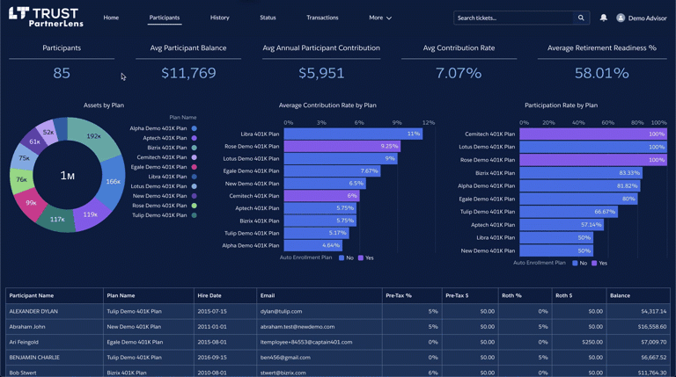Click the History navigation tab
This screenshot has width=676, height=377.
click(x=219, y=18)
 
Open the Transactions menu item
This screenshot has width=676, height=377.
click(x=322, y=18)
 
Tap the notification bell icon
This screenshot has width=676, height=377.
click(x=603, y=18)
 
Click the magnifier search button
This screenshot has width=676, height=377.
click(x=581, y=18)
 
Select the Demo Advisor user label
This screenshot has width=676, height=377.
click(x=647, y=18)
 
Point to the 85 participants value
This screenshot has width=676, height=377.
click(x=62, y=73)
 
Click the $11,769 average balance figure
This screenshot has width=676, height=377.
click(x=188, y=73)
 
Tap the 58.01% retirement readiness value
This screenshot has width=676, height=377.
click(x=602, y=73)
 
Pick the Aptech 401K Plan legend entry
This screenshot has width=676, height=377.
click(x=165, y=138)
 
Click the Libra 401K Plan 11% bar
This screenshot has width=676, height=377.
click(x=352, y=134)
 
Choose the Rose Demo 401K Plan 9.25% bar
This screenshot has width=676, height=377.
click(x=342, y=147)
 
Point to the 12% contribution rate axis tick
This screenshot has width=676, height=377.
click(x=428, y=123)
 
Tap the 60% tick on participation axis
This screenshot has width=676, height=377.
click(x=607, y=123)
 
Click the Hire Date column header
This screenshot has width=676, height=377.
click(x=209, y=295)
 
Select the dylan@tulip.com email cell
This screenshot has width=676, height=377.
click(x=281, y=311)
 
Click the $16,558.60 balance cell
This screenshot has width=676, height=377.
click(x=652, y=326)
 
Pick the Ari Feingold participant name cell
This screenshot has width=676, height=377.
click(x=24, y=342)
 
